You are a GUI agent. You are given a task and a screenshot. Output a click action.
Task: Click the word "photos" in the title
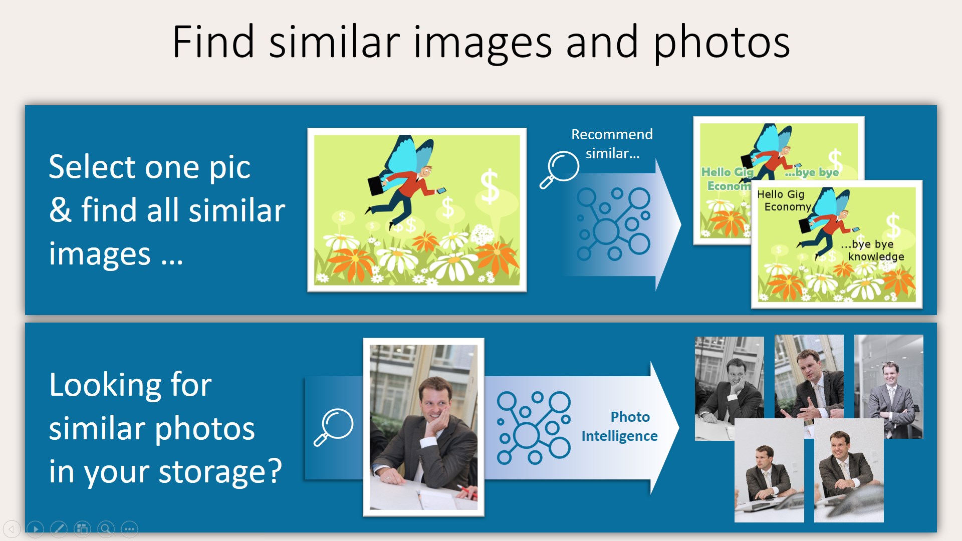(722, 43)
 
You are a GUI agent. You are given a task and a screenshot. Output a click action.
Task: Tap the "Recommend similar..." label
(612, 144)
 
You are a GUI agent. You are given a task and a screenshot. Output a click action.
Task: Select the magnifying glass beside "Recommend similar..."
(559, 169)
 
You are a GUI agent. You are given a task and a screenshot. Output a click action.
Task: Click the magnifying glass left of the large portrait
(334, 427)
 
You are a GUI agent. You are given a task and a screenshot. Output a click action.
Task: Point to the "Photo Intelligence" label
(620, 426)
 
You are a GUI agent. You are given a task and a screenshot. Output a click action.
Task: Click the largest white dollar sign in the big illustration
(490, 186)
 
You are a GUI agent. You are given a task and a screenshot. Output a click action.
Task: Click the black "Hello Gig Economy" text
(784, 200)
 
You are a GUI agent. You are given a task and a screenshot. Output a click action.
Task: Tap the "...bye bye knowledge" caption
(872, 250)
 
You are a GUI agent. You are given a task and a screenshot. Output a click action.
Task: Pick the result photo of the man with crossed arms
(889, 386)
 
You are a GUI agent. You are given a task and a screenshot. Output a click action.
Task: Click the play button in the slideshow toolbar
(35, 528)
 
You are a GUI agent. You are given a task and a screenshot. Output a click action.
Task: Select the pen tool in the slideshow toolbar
(59, 528)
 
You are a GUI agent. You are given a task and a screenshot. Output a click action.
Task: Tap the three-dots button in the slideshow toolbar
(129, 528)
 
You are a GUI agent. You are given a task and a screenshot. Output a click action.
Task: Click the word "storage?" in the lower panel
(220, 472)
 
